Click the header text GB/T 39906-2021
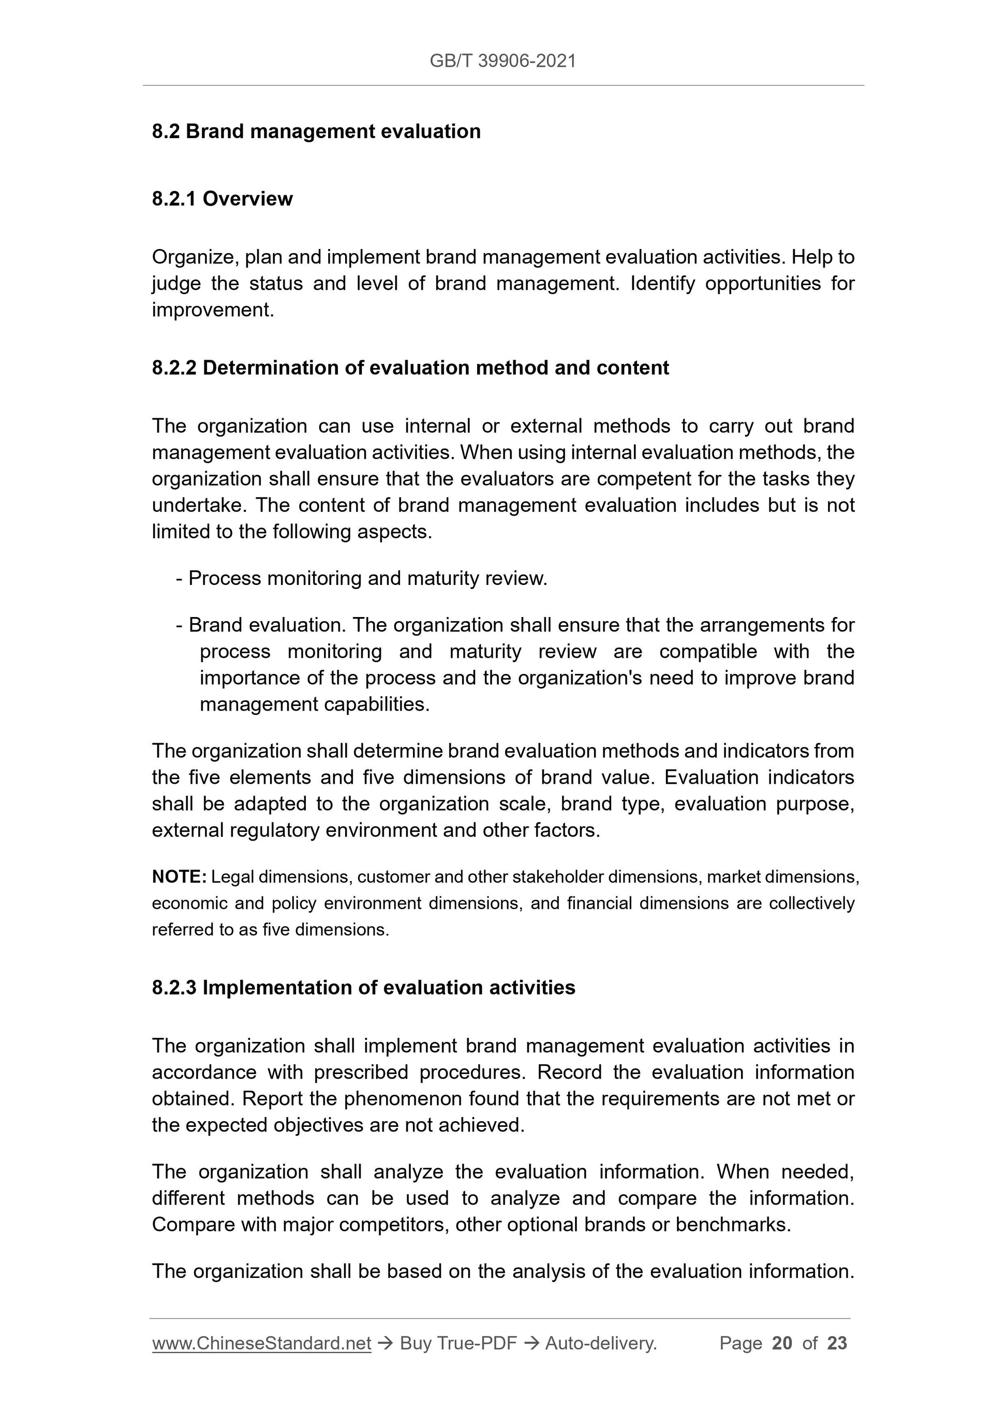(x=502, y=61)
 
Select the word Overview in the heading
(x=247, y=199)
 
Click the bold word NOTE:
(x=179, y=877)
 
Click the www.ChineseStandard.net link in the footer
(x=261, y=1343)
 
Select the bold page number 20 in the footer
(x=782, y=1343)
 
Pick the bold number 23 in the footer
(x=837, y=1343)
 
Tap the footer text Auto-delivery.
(x=601, y=1343)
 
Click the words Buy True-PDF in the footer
(x=458, y=1343)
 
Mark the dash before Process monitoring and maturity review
(x=180, y=579)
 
